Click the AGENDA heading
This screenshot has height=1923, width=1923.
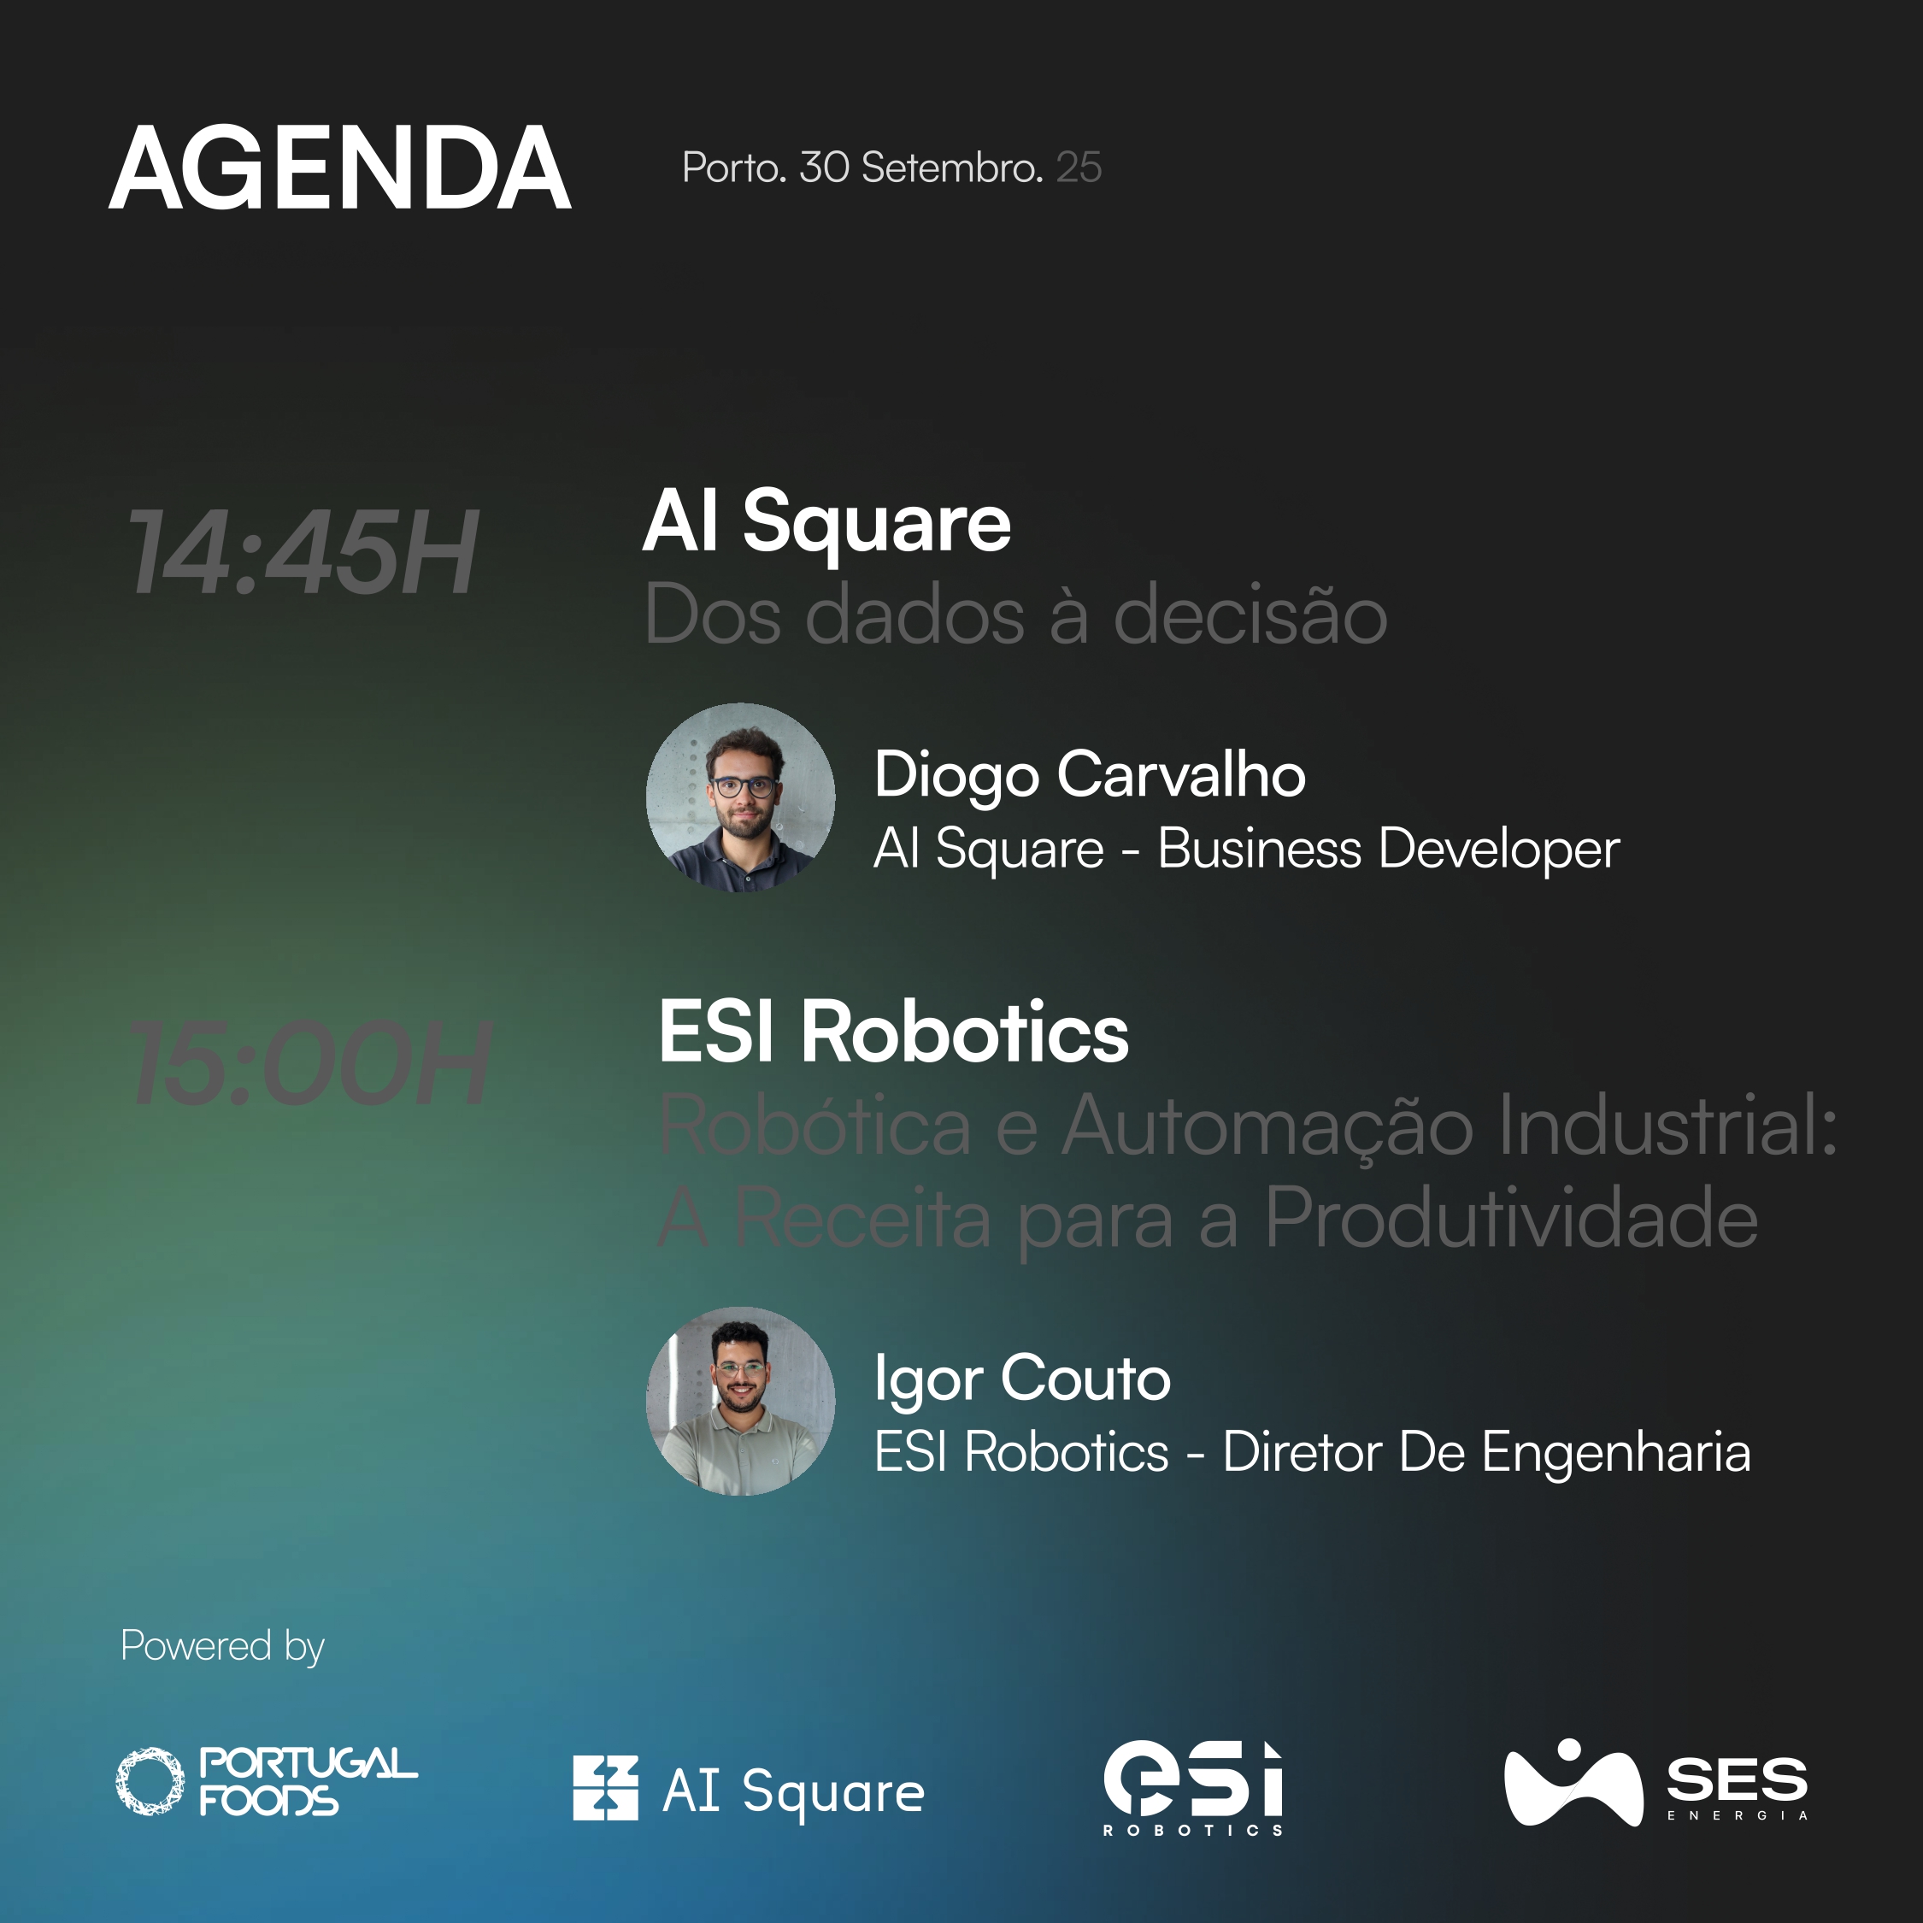[x=339, y=168]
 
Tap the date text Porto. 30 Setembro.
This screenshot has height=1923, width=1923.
[x=862, y=168]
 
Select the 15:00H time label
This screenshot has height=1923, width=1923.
[x=310, y=1063]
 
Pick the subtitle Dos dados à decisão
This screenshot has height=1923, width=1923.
[x=1015, y=615]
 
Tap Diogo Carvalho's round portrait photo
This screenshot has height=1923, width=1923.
[x=740, y=797]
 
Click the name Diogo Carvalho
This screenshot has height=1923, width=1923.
[x=1090, y=775]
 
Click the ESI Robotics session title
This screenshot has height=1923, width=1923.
[x=894, y=1032]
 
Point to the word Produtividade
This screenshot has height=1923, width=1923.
[x=1511, y=1218]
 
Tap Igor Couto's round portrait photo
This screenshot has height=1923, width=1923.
[x=740, y=1402]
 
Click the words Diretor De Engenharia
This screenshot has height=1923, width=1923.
[x=1486, y=1452]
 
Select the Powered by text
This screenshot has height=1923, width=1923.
[x=223, y=1647]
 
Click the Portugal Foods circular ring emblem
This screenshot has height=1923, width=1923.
[x=150, y=1782]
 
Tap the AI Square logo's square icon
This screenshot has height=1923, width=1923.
[x=605, y=1789]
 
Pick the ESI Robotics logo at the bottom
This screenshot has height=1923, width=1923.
[x=1193, y=1788]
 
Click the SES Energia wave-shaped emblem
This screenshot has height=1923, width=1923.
[x=1573, y=1783]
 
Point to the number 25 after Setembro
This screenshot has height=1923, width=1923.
[x=1079, y=168]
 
